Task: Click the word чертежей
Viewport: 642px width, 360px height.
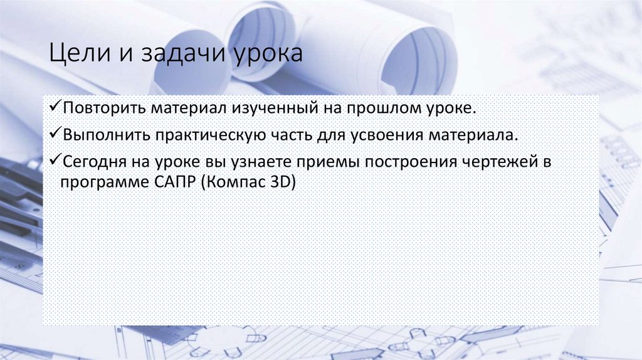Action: pyautogui.click(x=503, y=162)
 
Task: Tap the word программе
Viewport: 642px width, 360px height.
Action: pyautogui.click(x=99, y=183)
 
